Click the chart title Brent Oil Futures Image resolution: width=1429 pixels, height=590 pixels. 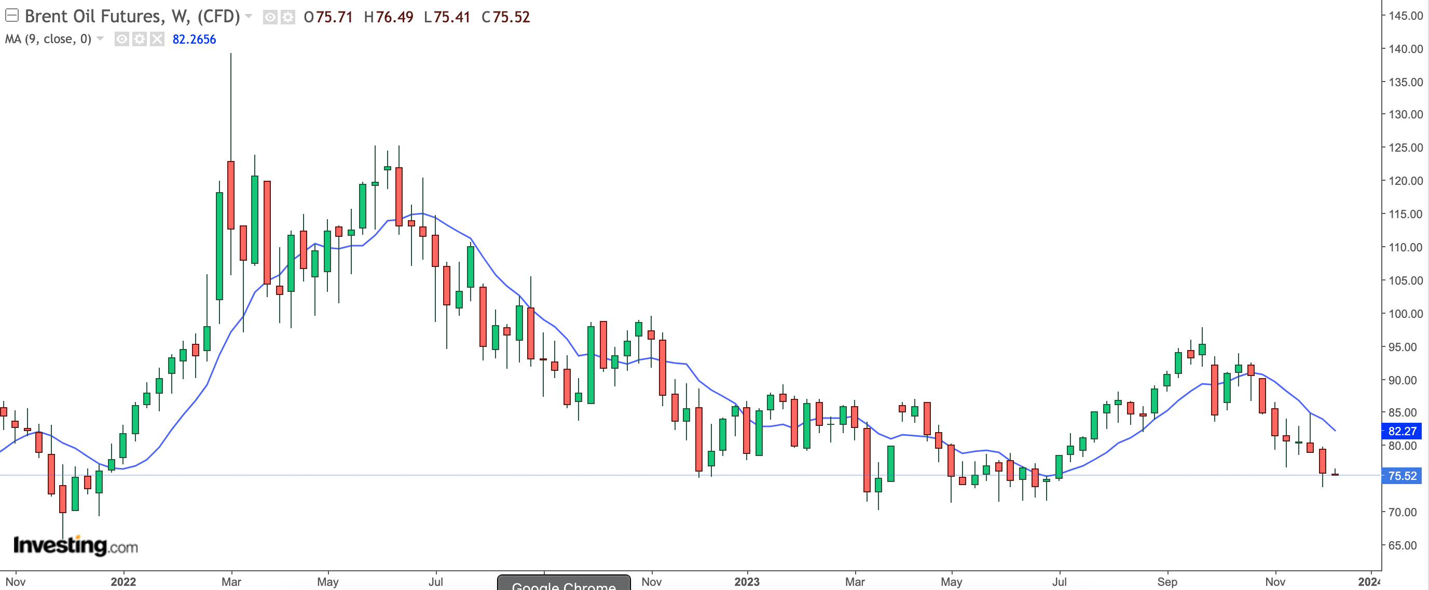click(x=94, y=17)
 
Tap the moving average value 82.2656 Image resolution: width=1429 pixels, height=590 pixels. click(x=194, y=39)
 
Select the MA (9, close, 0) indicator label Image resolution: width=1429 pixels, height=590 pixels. click(x=48, y=39)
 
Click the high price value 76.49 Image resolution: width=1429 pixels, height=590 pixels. click(x=394, y=17)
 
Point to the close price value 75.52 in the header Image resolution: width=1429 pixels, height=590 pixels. click(x=512, y=17)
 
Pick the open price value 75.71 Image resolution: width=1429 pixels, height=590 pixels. click(x=335, y=17)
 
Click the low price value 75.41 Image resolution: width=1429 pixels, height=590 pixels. click(x=452, y=17)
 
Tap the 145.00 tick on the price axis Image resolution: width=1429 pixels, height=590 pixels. click(x=1405, y=16)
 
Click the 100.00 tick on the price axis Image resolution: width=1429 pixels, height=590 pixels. click(x=1405, y=314)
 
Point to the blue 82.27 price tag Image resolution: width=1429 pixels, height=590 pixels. click(x=1402, y=431)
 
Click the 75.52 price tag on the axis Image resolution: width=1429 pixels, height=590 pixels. click(x=1402, y=476)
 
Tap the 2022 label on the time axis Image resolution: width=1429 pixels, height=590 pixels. click(x=123, y=582)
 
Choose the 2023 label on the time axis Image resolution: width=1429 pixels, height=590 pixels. click(x=747, y=582)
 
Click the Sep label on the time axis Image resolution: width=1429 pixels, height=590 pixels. click(x=1167, y=582)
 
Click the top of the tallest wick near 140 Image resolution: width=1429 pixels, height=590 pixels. click(x=231, y=54)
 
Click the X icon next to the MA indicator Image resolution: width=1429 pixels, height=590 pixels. click(x=158, y=39)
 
